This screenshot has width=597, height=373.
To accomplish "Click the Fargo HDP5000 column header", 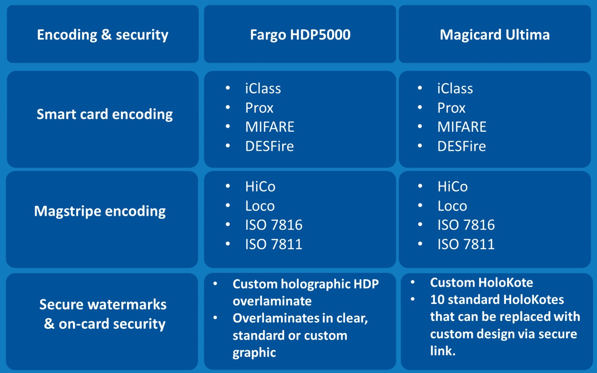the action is coord(300,35).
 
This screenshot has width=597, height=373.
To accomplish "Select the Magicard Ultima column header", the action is coord(495,35).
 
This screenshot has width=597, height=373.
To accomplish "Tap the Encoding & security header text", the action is coord(103,35).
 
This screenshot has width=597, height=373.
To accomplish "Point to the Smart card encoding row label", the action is coord(104,114).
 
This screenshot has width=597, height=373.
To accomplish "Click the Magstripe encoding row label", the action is coord(100,211).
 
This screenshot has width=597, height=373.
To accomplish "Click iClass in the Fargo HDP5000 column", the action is coord(263,89).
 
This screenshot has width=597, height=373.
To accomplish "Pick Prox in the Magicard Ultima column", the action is coord(451,108).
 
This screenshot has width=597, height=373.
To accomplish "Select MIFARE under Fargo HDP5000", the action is coord(270,127).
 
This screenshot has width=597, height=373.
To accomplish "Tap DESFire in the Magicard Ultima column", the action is coord(461,146).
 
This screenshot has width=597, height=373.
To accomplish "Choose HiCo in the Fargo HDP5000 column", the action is coord(260,186).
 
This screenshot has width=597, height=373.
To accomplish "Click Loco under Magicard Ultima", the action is coord(452,206).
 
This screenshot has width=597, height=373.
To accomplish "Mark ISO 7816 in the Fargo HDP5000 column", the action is coord(274,225).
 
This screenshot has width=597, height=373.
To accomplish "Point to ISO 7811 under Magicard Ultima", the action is coord(466,244).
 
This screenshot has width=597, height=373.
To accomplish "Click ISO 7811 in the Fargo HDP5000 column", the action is coord(274,244).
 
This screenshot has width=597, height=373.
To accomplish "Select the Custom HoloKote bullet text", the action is coord(481,283).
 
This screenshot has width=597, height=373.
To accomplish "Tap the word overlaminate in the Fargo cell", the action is coord(272,301).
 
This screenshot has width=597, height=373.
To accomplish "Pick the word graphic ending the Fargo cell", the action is coord(254,353).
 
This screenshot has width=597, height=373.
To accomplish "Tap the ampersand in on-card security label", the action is coord(49,324).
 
